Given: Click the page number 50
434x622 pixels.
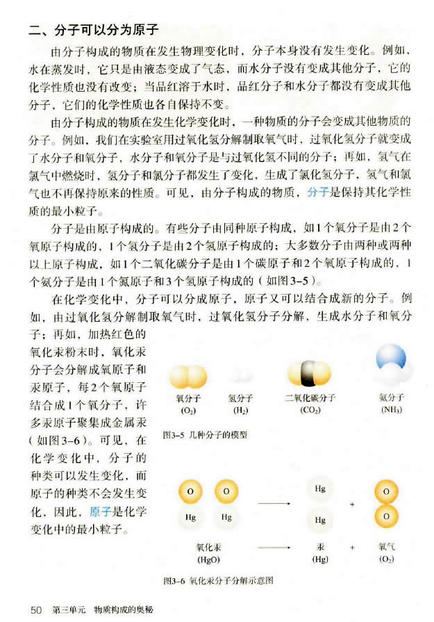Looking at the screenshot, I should pyautogui.click(x=37, y=609).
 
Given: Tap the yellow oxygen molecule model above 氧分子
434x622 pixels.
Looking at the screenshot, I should pyautogui.click(x=187, y=377).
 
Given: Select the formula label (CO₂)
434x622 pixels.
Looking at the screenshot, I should pyautogui.click(x=310, y=410).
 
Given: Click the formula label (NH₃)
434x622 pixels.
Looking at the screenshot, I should pyautogui.click(x=391, y=410).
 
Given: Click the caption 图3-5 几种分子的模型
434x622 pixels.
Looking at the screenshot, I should pyautogui.click(x=205, y=435).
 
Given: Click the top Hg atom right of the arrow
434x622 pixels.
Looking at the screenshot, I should pyautogui.click(x=320, y=490).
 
